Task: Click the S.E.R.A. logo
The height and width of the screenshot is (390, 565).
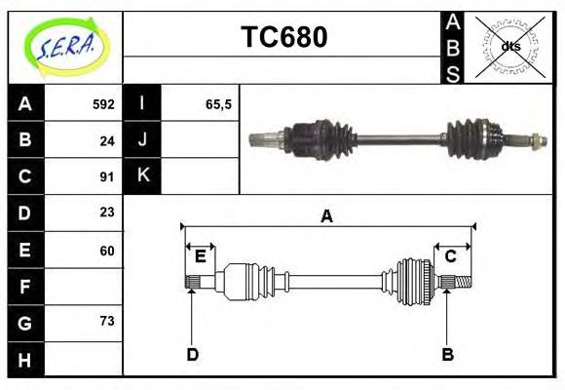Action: [x=64, y=46]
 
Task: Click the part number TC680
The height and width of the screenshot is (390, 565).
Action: [x=283, y=38]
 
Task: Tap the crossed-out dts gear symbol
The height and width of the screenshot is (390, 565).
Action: [x=510, y=47]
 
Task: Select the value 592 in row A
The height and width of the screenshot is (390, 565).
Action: [x=103, y=103]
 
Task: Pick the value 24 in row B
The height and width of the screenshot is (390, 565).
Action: [x=107, y=140]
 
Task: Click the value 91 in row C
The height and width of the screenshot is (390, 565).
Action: [x=107, y=177]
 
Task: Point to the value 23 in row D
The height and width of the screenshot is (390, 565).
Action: [x=107, y=212]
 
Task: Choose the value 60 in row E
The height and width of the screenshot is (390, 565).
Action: [x=107, y=251]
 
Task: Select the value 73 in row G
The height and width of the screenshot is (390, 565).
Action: [x=107, y=321]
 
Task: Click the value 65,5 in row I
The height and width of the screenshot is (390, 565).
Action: [x=218, y=103]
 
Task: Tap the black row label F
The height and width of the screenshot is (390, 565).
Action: [x=25, y=288]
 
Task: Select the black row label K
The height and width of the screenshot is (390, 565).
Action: [x=142, y=176]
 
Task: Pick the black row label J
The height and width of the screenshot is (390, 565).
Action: [x=142, y=139]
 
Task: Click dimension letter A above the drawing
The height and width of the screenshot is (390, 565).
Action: [x=326, y=216]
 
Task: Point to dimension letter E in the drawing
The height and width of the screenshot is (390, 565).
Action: [x=200, y=256]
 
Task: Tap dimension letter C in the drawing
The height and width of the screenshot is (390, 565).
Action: [x=450, y=256]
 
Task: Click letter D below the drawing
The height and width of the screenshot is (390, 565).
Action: [x=192, y=355]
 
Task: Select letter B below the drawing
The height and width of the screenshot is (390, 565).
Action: [x=447, y=355]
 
